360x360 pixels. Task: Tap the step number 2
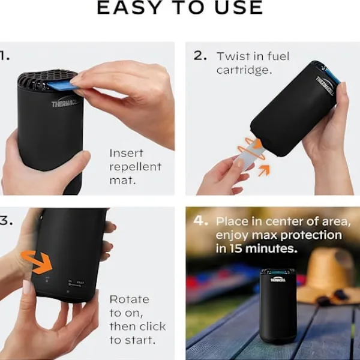200,56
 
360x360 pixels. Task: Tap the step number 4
200,221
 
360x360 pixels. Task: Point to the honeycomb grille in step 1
45,78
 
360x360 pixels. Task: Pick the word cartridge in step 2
242,70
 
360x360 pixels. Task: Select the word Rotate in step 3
129,299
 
